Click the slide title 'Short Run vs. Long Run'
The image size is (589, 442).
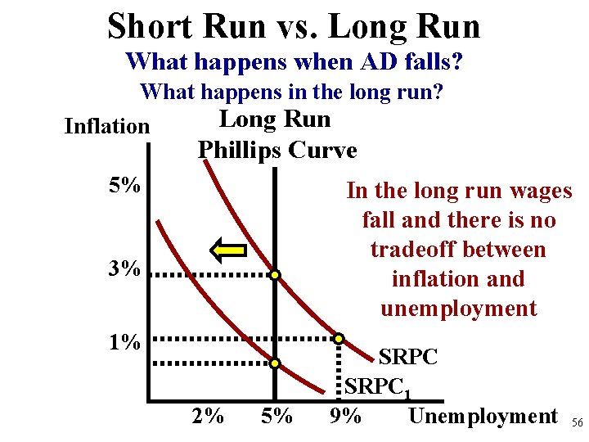[x=294, y=25]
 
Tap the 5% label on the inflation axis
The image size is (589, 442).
[x=124, y=186]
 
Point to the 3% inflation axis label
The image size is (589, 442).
[x=124, y=268]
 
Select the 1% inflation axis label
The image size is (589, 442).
[x=124, y=341]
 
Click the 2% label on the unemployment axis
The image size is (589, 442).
[x=208, y=417]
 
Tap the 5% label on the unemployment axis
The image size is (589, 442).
[x=277, y=417]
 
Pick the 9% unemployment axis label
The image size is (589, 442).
[x=344, y=417]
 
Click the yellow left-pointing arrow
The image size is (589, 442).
[x=228, y=249]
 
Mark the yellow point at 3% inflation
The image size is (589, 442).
[x=277, y=276]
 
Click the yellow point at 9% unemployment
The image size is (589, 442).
[x=340, y=337]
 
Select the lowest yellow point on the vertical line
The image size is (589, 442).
[x=277, y=363]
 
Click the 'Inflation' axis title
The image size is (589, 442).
[x=106, y=126]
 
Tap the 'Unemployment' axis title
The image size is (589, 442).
[x=482, y=416]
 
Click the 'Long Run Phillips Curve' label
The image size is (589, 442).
[x=276, y=135]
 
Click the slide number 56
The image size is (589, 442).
[x=577, y=422]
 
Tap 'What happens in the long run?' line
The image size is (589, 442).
[x=292, y=91]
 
